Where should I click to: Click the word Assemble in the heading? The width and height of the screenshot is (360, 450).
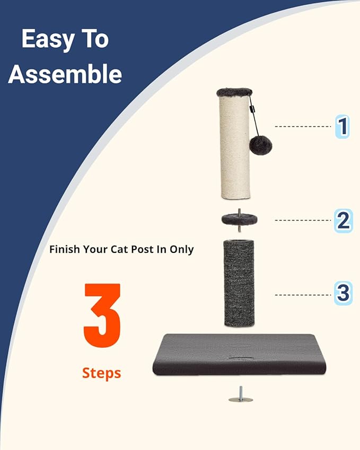click(x=65, y=74)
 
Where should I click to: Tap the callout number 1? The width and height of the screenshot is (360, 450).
click(x=343, y=127)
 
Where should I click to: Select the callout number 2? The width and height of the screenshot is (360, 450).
click(x=343, y=220)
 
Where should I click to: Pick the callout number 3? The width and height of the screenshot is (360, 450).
click(x=343, y=293)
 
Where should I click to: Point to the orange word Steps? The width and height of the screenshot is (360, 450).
click(x=102, y=373)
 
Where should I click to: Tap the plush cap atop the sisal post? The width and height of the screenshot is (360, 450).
click(x=234, y=92)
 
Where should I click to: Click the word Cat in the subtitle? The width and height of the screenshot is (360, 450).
click(x=132, y=249)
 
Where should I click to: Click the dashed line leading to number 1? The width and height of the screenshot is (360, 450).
click(x=303, y=127)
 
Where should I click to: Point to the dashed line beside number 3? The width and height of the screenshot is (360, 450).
click(x=303, y=295)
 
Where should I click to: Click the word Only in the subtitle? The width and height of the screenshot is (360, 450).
click(x=182, y=249)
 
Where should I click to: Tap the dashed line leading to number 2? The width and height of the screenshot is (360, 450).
click(x=303, y=220)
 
